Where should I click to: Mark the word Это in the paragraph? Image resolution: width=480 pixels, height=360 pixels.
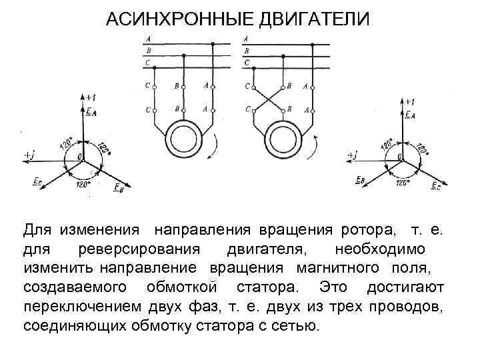[333, 288]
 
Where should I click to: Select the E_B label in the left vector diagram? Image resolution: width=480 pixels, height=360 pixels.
[117, 189]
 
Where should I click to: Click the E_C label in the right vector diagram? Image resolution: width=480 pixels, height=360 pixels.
[435, 186]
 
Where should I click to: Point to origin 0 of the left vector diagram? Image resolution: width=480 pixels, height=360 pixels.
[81, 156]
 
